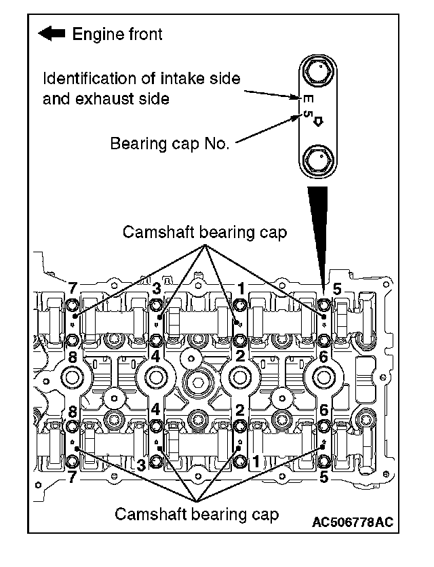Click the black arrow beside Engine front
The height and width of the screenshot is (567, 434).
(53, 33)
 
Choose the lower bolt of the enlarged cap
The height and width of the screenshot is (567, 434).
(317, 161)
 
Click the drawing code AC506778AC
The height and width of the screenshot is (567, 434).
(353, 523)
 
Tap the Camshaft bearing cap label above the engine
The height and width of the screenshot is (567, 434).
(204, 232)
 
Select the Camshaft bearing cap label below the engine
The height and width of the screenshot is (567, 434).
(197, 514)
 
